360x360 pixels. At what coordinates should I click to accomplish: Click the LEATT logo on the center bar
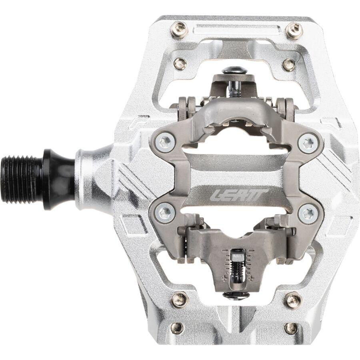pyautogui.click(x=239, y=196)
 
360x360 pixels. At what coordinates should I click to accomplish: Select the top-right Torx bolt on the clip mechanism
pyautogui.click(x=308, y=142)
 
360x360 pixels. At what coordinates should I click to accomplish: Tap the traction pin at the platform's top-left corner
pyautogui.click(x=178, y=29)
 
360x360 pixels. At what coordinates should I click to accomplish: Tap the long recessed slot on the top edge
pyautogui.click(x=236, y=30)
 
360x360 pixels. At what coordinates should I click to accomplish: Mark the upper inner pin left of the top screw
pyautogui.click(x=180, y=63)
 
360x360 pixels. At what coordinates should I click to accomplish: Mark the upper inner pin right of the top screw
pyautogui.click(x=288, y=64)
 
